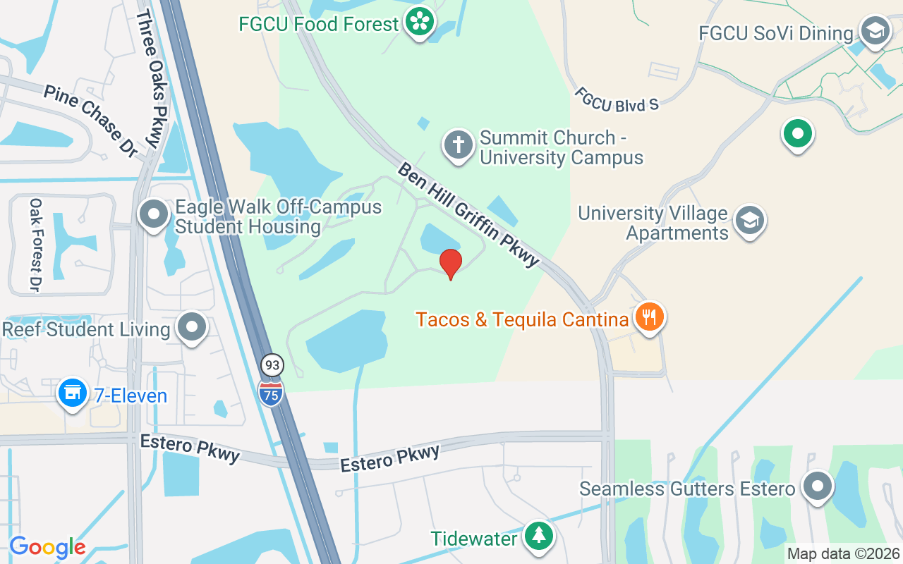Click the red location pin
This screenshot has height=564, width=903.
[451, 264]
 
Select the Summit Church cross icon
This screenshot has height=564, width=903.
[458, 145]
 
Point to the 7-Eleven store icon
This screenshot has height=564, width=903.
[72, 393]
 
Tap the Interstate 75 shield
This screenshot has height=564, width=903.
[271, 393]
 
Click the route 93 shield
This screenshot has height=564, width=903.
[272, 365]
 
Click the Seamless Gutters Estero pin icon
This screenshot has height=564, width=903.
[818, 486]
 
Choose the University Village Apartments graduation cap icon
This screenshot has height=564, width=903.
[750, 220]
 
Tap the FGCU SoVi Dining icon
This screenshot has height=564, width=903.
[875, 32]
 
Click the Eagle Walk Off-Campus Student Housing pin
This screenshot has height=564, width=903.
[154, 214]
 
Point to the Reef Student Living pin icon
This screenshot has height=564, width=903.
[191, 328]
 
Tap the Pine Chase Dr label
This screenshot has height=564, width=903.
[90, 120]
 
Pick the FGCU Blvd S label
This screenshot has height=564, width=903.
[616, 99]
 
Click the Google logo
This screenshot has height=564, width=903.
[47, 547]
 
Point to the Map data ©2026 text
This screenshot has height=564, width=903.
[843, 554]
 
